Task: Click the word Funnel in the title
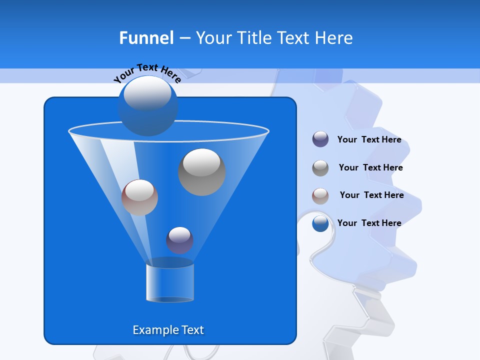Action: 146,37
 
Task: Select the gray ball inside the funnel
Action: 201,172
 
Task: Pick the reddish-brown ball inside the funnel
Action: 139,197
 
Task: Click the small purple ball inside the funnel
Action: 179,240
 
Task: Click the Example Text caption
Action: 168,330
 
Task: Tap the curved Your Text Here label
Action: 147,72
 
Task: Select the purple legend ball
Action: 320,139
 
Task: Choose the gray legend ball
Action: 320,168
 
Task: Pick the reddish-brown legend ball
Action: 320,196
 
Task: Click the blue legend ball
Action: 320,223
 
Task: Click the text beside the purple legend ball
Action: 369,139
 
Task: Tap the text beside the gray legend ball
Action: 370,167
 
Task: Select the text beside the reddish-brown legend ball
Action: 371,195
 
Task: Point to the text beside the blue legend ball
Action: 369,223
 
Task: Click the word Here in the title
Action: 335,37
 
